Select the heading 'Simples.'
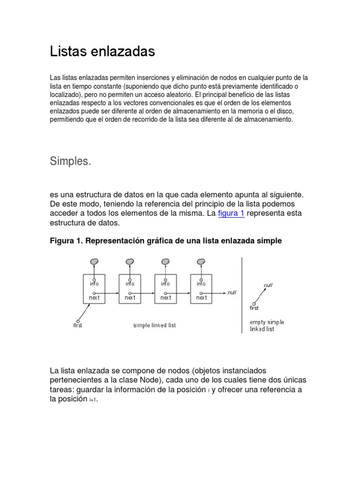[x=70, y=161]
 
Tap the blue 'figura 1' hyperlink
[x=231, y=213]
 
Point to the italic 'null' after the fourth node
[x=232, y=292]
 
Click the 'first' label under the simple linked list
[x=78, y=325]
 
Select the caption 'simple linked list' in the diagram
[x=155, y=325]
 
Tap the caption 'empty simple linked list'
[x=267, y=325]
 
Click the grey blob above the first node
[x=94, y=262]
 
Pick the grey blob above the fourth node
[x=201, y=262]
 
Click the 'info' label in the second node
[x=130, y=284]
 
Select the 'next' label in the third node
[x=165, y=297]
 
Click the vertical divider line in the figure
[x=241, y=295]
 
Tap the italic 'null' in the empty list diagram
[x=268, y=285]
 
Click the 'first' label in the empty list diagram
[x=254, y=308]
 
